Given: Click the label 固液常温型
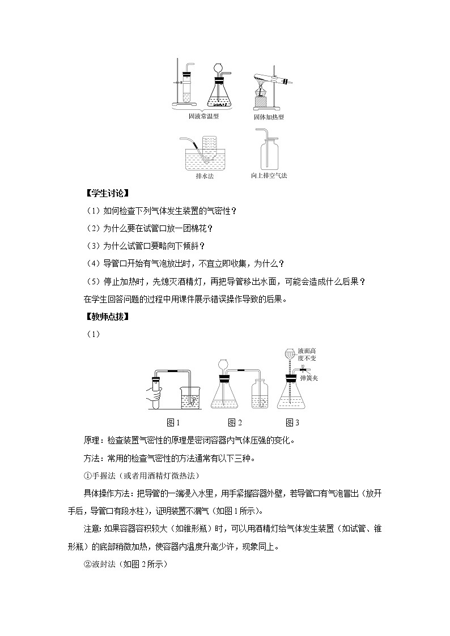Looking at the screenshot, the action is click(x=203, y=117).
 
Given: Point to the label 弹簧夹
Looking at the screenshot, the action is click(x=309, y=377).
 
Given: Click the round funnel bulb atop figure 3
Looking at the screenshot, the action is click(x=291, y=352).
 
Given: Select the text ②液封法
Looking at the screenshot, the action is click(x=102, y=564).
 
